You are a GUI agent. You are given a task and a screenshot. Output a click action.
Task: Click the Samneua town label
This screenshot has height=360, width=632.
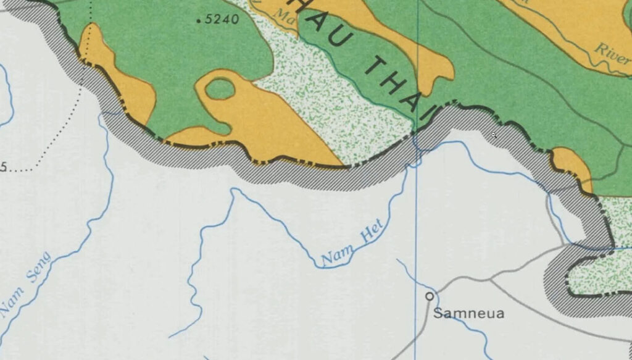(468, 314)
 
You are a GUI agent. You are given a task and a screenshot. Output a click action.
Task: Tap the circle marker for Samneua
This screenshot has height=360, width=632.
(430, 296)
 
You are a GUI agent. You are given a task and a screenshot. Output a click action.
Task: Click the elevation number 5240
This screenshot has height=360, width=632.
(222, 19)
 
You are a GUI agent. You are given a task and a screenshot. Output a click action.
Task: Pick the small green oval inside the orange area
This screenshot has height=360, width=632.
(220, 90)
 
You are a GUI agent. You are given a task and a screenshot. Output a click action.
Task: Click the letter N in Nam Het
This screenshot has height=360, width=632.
(326, 260)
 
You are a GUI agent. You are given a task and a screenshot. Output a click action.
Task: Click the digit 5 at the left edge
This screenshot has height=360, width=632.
(3, 167)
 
